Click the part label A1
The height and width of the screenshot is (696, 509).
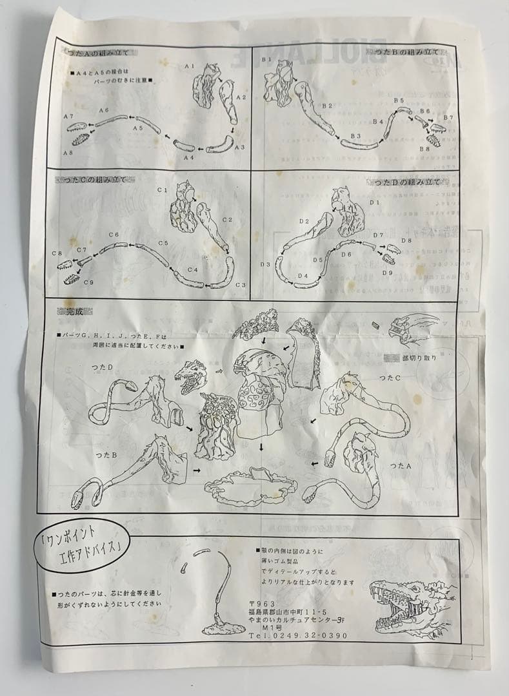(189, 66)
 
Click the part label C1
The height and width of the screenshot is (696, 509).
(161, 190)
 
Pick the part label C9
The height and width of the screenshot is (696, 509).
(88, 282)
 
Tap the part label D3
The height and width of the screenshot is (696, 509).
(264, 265)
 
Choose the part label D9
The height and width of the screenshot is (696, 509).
(387, 273)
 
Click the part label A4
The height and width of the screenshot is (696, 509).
(188, 157)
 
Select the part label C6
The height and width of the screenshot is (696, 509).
(114, 235)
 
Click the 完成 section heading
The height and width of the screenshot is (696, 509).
(75, 313)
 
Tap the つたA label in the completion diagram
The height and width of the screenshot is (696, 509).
(401, 465)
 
